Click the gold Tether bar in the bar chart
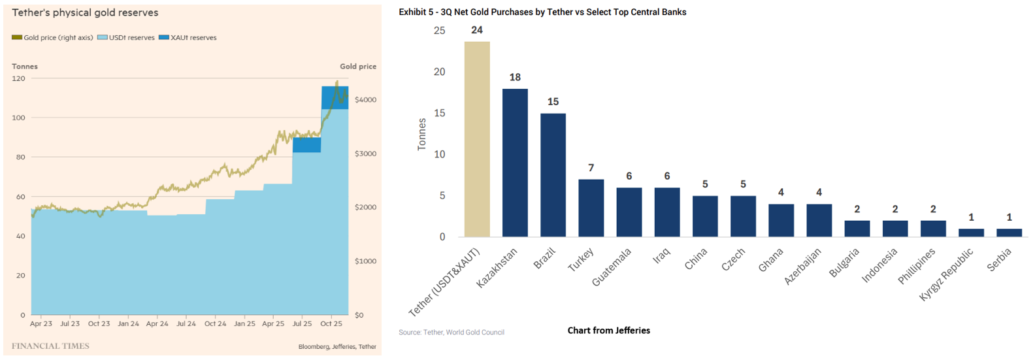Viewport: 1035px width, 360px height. (x=477, y=139)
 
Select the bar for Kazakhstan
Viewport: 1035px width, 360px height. (x=515, y=163)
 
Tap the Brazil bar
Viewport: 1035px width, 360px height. (x=553, y=175)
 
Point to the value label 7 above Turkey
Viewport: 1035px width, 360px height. (x=591, y=169)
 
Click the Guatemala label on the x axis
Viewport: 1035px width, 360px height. (x=612, y=267)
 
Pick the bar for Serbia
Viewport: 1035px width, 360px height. (x=1009, y=233)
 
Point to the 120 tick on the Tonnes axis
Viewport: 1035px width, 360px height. (x=18, y=78)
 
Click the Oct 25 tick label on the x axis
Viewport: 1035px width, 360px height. (x=331, y=323)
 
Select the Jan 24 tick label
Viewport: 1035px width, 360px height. (x=128, y=323)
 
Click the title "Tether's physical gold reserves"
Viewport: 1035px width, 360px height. (x=85, y=12)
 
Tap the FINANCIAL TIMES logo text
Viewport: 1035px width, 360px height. (x=50, y=346)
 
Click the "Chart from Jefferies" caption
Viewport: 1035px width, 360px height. (x=608, y=331)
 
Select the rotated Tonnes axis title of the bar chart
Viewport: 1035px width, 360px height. (x=421, y=134)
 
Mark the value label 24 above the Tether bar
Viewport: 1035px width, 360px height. (x=477, y=30)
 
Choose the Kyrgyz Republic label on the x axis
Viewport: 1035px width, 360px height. (x=946, y=274)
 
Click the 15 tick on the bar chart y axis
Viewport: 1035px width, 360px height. (x=439, y=113)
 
